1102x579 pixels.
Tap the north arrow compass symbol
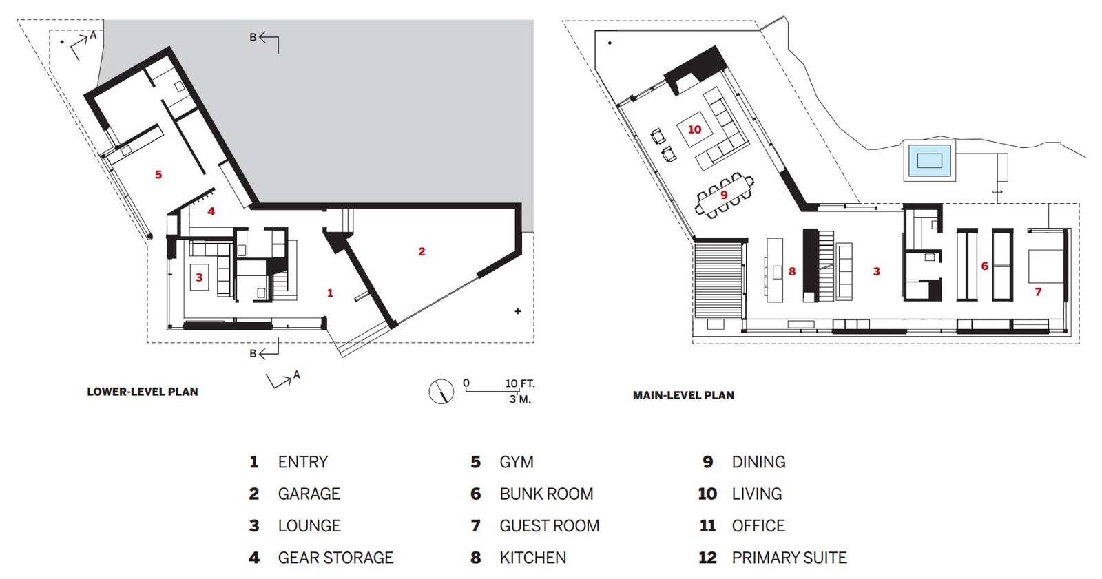[x=441, y=392]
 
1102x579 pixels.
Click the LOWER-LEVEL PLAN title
[x=143, y=392]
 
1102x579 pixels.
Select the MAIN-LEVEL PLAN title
[x=683, y=395]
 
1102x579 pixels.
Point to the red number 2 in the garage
[x=422, y=251]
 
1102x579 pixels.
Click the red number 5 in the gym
[x=158, y=175]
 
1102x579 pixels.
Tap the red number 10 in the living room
[x=694, y=129]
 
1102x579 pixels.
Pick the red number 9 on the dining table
[x=724, y=196]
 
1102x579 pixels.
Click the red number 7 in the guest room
[x=1038, y=292]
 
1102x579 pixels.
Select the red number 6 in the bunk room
[x=984, y=266]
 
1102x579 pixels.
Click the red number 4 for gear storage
[x=211, y=211]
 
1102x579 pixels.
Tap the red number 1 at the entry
[x=330, y=293]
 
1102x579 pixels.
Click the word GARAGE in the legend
[x=309, y=494]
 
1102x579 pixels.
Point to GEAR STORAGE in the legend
[x=335, y=558]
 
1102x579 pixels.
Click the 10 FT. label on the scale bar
[x=520, y=383]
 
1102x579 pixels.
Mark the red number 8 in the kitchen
[x=792, y=271]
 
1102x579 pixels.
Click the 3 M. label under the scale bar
[x=521, y=399]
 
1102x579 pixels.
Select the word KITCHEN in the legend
[x=533, y=558]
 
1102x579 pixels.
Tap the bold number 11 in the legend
[x=707, y=526]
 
